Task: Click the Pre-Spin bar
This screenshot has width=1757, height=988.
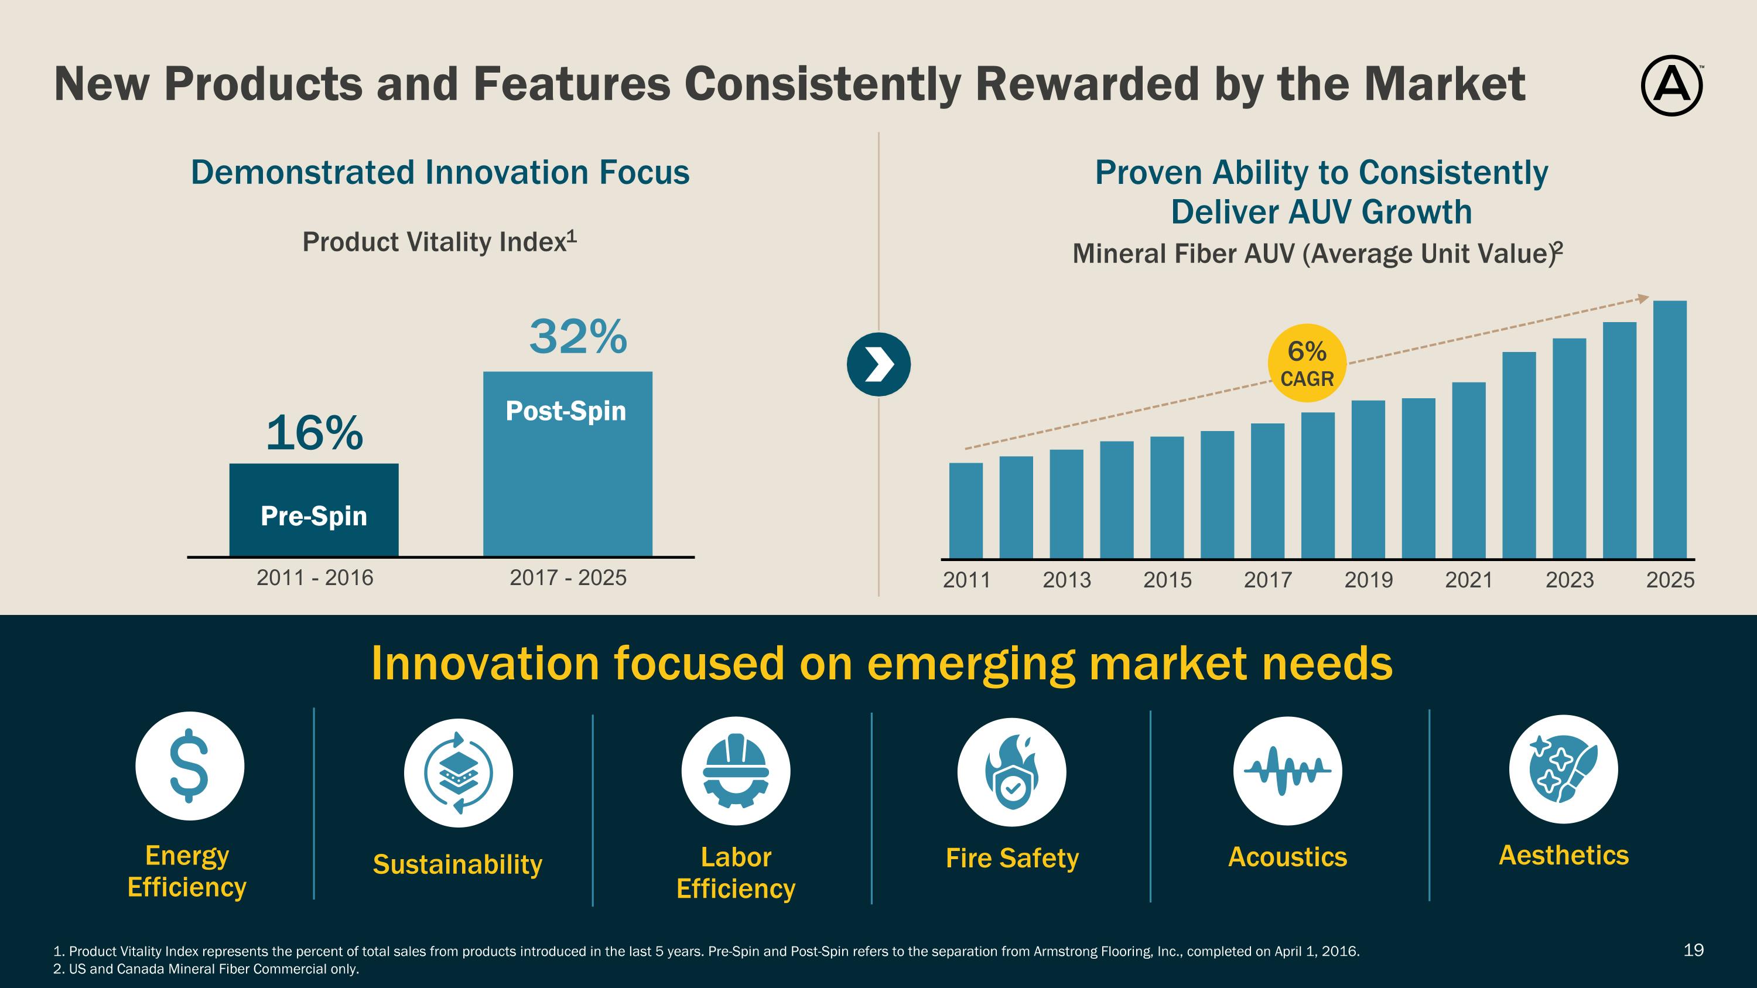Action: pyautogui.click(x=314, y=510)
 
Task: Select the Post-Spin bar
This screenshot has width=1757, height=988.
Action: pyautogui.click(x=568, y=464)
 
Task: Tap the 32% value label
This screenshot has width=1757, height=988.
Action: pyautogui.click(x=577, y=337)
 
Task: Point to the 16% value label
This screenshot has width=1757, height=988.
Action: pyautogui.click(x=315, y=433)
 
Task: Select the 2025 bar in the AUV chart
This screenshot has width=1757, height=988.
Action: pyautogui.click(x=1670, y=429)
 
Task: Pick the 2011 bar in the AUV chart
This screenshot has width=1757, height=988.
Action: pyautogui.click(x=966, y=511)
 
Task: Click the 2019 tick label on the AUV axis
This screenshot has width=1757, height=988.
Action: pyautogui.click(x=1368, y=580)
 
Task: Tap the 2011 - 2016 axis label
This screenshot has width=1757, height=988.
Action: pyautogui.click(x=315, y=578)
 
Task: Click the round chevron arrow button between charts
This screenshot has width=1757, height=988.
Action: pyautogui.click(x=878, y=365)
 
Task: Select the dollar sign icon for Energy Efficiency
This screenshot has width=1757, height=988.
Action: pyautogui.click(x=190, y=765)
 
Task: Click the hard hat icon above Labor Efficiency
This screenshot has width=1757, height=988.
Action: pyautogui.click(x=736, y=771)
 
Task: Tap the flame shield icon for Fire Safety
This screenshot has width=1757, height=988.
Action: pyautogui.click(x=1011, y=772)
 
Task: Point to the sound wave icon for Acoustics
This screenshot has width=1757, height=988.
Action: pyautogui.click(x=1287, y=771)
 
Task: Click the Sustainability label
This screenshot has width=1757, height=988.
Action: pyautogui.click(x=457, y=864)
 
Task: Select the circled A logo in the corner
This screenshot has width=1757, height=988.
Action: pyautogui.click(x=1671, y=86)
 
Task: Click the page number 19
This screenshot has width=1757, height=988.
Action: pyautogui.click(x=1694, y=950)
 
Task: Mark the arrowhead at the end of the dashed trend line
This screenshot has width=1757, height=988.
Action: pyautogui.click(x=1644, y=299)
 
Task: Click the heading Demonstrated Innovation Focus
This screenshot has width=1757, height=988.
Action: pyautogui.click(x=440, y=173)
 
